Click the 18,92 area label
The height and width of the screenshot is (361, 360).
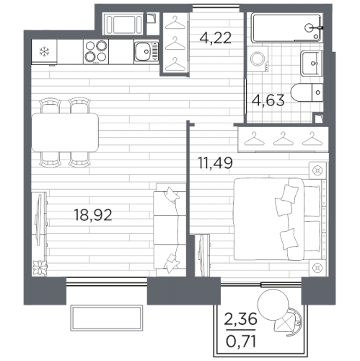point(93,215)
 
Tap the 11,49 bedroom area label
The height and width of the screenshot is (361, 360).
point(215,162)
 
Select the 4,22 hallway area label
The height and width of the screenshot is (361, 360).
point(216,38)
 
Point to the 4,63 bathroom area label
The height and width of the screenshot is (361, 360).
point(268,100)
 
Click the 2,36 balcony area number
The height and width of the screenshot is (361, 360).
point(240,319)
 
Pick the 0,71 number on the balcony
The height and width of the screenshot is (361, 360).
point(241,342)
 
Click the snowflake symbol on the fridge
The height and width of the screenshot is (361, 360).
point(44,52)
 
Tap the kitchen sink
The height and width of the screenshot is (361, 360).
point(146,51)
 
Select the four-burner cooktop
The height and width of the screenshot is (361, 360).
point(96,51)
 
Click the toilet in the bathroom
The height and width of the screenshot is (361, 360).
point(307,92)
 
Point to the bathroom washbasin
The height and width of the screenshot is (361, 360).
point(312,64)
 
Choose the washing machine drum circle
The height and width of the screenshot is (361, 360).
point(258,58)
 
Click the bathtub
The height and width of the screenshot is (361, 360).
point(286,28)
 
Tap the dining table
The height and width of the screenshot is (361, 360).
point(65,132)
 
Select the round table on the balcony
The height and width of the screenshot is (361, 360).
point(273,305)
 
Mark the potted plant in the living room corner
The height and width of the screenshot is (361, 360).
point(40,268)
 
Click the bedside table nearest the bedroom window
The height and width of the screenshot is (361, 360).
point(317,267)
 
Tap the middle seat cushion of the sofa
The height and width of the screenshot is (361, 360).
point(170,230)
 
